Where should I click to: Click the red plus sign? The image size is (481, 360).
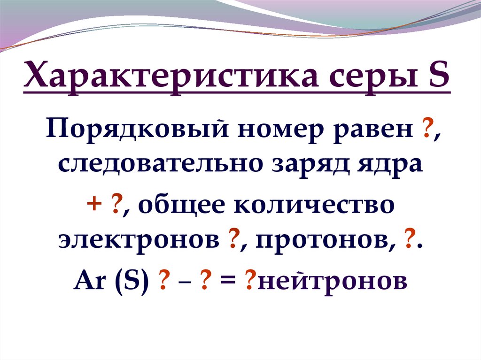[x=93, y=205]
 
